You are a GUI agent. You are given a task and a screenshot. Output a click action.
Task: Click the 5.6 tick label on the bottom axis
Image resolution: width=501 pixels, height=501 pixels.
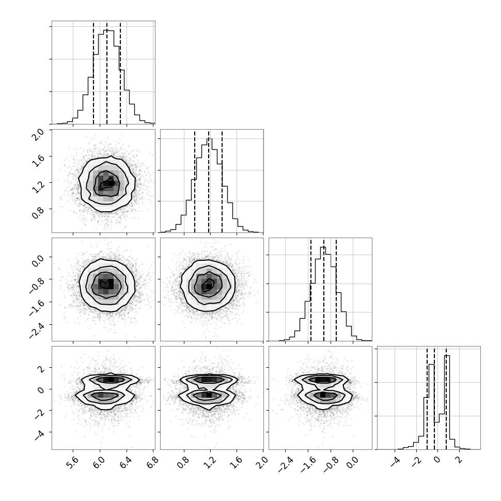pyautogui.click(x=73, y=462)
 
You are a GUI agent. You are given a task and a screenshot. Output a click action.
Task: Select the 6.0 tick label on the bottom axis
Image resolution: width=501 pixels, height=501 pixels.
pyautogui.click(x=100, y=462)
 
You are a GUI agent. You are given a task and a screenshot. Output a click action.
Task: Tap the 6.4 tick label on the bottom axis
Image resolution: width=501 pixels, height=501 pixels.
pyautogui.click(x=127, y=462)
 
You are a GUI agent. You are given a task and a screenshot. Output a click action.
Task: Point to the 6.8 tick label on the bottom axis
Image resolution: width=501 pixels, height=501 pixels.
pyautogui.click(x=153, y=462)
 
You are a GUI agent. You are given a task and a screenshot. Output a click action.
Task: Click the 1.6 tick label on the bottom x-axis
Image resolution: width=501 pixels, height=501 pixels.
pyautogui.click(x=237, y=462)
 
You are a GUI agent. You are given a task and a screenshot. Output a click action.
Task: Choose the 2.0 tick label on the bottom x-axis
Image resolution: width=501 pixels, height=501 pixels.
pyautogui.click(x=263, y=462)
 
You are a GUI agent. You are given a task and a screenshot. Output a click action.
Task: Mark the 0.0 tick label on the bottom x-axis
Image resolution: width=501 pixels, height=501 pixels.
pyautogui.click(x=352, y=462)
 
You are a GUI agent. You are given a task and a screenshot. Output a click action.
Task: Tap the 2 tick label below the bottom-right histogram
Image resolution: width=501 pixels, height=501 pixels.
pyautogui.click(x=459, y=460)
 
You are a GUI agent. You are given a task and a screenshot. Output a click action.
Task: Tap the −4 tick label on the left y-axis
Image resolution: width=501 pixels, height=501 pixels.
pyautogui.click(x=39, y=436)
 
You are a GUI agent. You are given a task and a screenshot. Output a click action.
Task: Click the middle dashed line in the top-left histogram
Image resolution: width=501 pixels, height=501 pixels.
pyautogui.click(x=107, y=72)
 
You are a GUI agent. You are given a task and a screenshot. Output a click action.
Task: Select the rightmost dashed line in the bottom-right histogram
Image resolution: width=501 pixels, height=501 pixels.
pyautogui.click(x=446, y=398)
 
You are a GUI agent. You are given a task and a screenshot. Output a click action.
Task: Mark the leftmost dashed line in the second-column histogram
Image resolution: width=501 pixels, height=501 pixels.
pyautogui.click(x=195, y=181)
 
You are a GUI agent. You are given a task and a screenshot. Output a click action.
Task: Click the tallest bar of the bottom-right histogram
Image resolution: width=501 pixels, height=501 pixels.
pyautogui.click(x=447, y=402)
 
